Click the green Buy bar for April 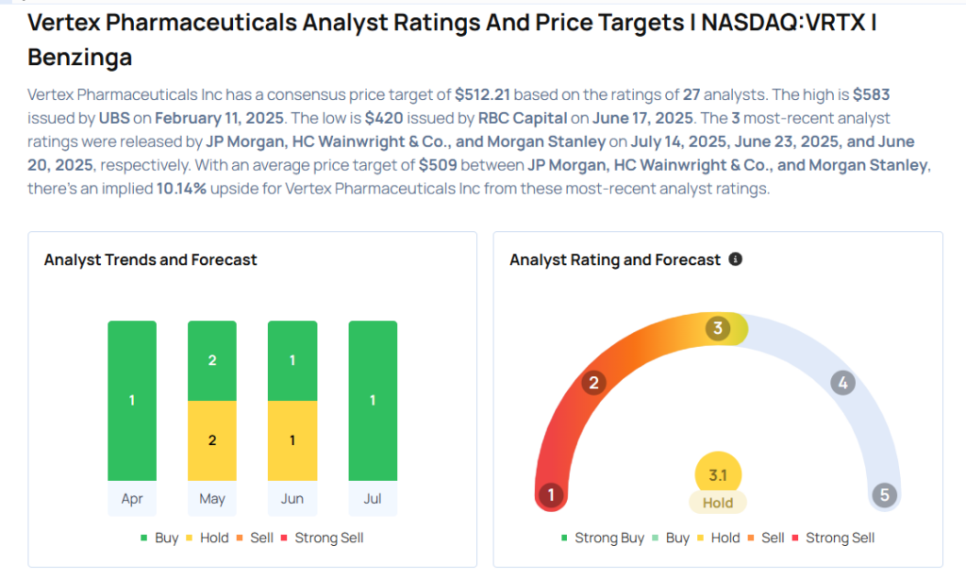(132, 401)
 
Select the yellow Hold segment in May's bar (212, 440)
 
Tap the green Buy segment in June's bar (292, 361)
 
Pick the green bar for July (373, 401)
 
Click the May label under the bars (212, 499)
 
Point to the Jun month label (292, 499)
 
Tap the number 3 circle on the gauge (718, 328)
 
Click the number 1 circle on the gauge (550, 495)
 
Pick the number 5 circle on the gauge (884, 495)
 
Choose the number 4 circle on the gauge (842, 383)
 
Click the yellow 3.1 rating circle (718, 474)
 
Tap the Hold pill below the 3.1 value (718, 503)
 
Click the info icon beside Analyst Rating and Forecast (736, 258)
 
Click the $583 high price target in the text (871, 95)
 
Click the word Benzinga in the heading (80, 58)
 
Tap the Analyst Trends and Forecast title (151, 259)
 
